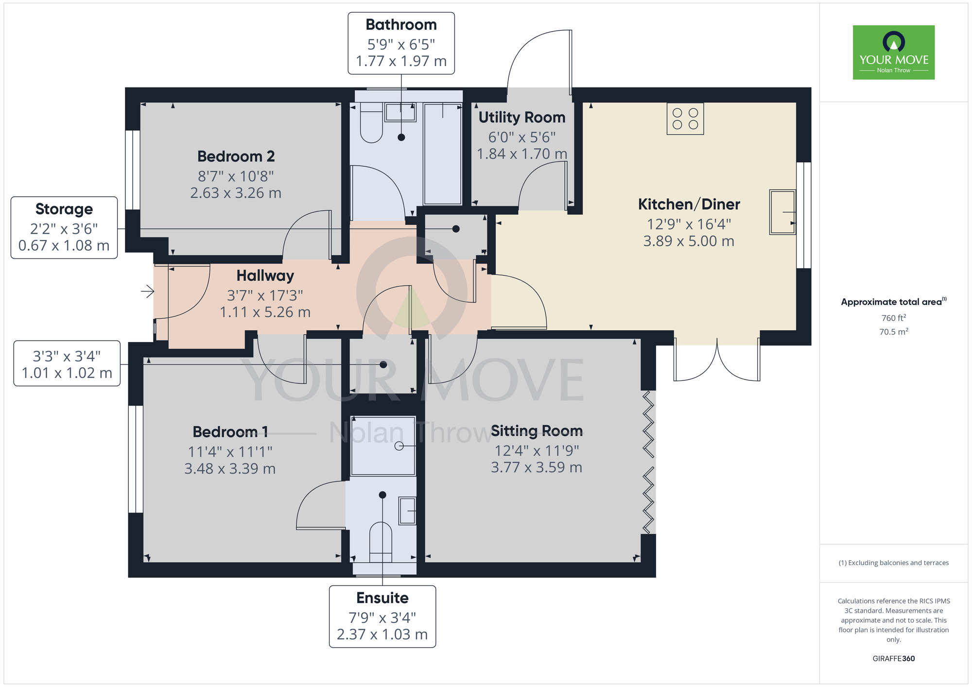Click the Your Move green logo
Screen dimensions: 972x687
(894, 52)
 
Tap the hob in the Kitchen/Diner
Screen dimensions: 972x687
(685, 119)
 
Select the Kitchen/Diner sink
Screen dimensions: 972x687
(782, 212)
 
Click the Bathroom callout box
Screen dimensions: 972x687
(401, 43)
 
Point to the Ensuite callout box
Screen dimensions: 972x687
(382, 617)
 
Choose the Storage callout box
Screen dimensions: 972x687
(64, 227)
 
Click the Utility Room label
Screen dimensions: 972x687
(522, 118)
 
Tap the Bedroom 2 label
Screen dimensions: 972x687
(236, 156)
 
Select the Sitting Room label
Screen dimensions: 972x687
(537, 431)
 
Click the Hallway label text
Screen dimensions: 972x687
(265, 275)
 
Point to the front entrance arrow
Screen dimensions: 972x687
(148, 292)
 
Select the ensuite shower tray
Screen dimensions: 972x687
(383, 446)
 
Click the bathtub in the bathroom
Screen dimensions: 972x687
(442, 154)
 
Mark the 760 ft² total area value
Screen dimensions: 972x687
(894, 318)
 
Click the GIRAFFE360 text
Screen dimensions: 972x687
(894, 659)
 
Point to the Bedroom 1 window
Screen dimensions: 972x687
(136, 459)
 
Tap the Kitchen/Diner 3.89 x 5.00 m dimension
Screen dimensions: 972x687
(689, 241)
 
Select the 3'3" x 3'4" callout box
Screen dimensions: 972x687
(67, 363)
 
